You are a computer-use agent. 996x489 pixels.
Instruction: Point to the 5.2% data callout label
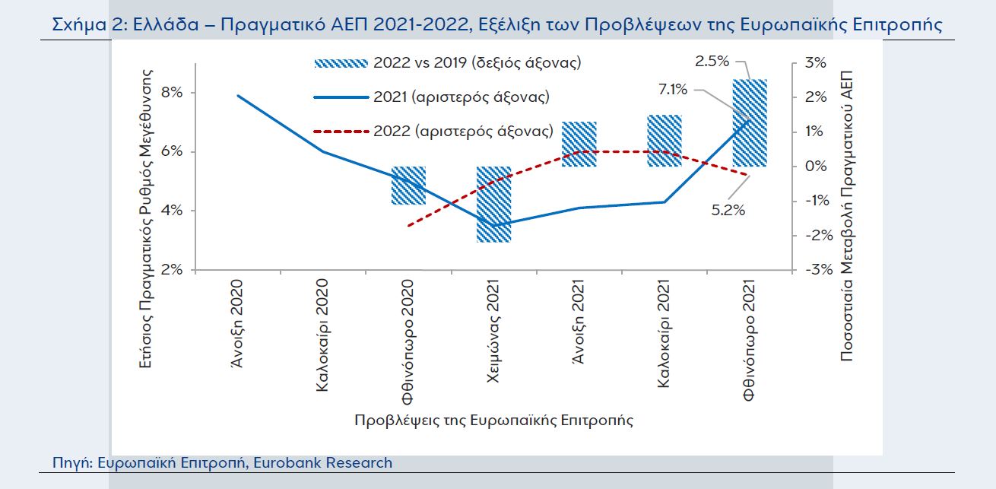point(728,211)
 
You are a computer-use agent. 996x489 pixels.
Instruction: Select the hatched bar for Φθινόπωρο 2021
point(749,122)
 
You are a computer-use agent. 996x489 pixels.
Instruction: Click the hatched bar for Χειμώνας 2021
point(493,204)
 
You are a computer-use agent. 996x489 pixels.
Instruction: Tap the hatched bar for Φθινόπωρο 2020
point(408,186)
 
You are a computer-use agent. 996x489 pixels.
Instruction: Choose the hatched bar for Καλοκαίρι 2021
point(664,141)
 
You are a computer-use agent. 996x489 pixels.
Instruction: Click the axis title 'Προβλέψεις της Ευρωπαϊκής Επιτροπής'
point(493,420)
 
